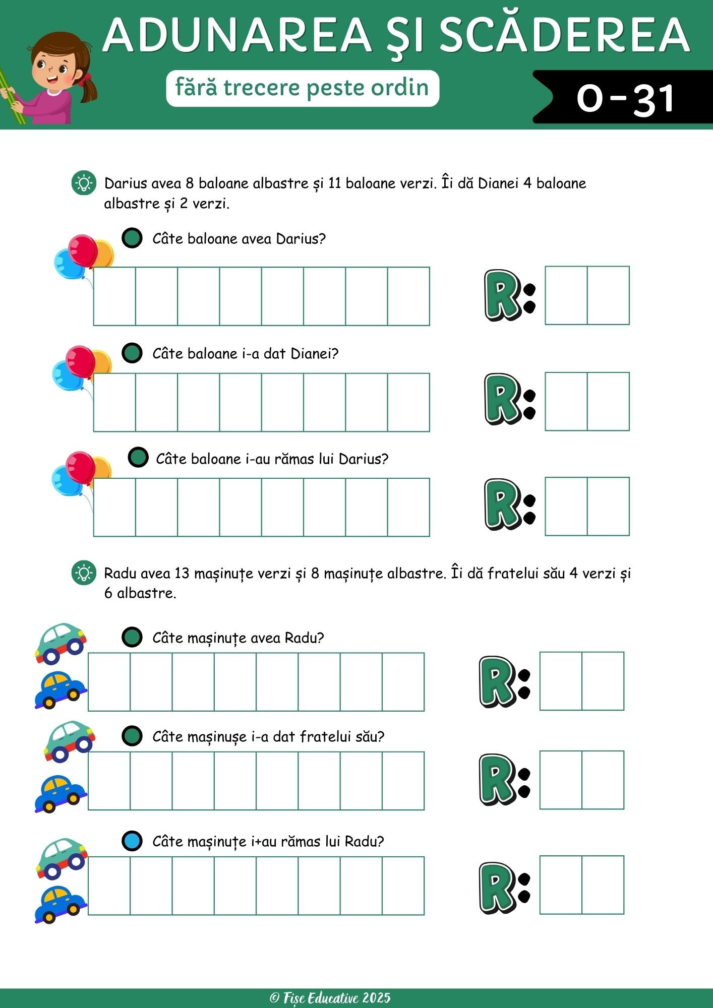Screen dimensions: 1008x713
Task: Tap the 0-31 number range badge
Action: [625, 98]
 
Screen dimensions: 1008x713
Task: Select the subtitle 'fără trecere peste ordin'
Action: [302, 88]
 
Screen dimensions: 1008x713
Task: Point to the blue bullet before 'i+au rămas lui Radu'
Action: [132, 841]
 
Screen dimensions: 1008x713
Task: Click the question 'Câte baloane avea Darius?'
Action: [239, 238]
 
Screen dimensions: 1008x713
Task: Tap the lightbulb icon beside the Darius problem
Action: [84, 183]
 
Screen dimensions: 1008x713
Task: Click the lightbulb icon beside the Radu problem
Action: [84, 574]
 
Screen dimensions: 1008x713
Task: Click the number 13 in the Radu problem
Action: [182, 574]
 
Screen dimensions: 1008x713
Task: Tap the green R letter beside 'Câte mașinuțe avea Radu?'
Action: [497, 681]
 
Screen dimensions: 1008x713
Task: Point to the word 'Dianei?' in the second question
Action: [314, 354]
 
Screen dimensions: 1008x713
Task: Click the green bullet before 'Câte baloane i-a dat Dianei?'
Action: [132, 353]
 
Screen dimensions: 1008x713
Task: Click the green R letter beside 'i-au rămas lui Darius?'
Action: [502, 504]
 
